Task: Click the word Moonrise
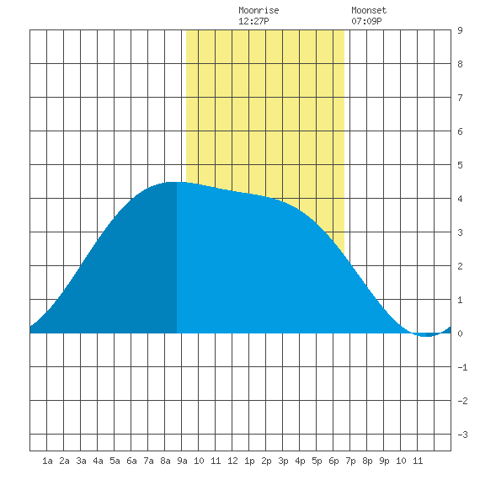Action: click(259, 10)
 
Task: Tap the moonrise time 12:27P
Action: click(253, 21)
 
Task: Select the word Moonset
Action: click(369, 10)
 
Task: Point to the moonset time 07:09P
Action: click(366, 21)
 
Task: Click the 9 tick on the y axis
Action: click(460, 30)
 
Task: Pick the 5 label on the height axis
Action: click(460, 165)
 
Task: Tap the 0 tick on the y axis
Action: click(460, 333)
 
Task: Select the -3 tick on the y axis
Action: click(462, 435)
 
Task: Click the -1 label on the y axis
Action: click(462, 367)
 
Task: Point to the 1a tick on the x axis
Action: click(47, 461)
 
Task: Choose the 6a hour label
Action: click(131, 461)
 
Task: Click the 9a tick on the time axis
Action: click(182, 461)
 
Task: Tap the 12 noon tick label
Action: click(232, 461)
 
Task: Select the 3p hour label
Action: click(283, 461)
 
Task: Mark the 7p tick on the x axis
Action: click(350, 461)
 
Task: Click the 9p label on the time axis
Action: click(384, 461)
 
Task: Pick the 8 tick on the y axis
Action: click(460, 64)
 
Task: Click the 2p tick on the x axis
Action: click(266, 461)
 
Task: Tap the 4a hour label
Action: click(98, 461)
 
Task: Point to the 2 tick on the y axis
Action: click(460, 266)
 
